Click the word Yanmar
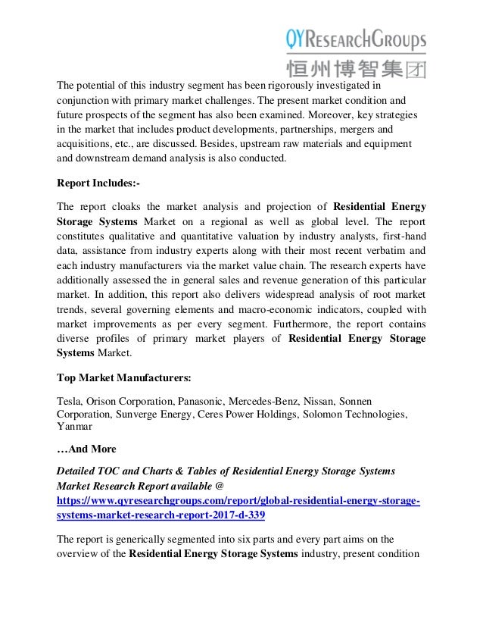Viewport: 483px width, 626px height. (75, 426)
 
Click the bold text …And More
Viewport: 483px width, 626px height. (87, 449)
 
